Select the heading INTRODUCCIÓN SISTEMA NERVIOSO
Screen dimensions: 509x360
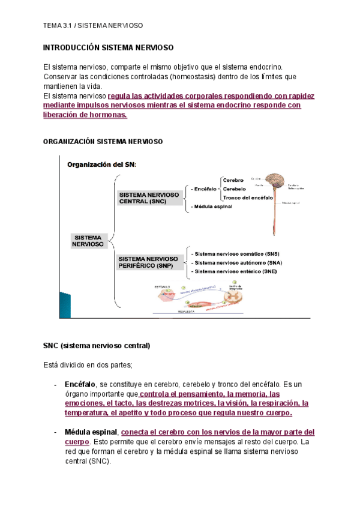(108, 47)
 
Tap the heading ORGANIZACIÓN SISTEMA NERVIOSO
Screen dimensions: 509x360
(103, 141)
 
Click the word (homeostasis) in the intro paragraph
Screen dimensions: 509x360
(193, 77)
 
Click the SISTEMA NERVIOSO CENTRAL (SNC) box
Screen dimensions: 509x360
(151, 198)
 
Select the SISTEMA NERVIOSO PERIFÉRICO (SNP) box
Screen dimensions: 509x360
(151, 262)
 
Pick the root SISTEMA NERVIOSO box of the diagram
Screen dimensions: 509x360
(88, 241)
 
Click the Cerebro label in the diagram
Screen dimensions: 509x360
(233, 180)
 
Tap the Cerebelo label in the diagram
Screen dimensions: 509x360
(234, 188)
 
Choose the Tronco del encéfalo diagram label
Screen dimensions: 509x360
(248, 197)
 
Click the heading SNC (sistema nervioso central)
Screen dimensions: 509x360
(97, 346)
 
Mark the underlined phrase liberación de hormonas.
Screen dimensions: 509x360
(86, 115)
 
